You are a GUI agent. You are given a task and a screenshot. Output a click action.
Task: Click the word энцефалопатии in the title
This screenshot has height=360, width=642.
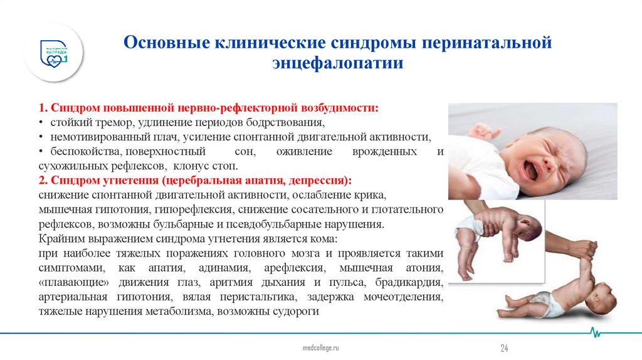coord(337,64)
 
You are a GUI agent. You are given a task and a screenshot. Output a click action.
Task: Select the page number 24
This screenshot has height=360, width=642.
coord(503,347)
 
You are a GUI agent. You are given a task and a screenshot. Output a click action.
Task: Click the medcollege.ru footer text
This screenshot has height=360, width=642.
coord(320,347)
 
